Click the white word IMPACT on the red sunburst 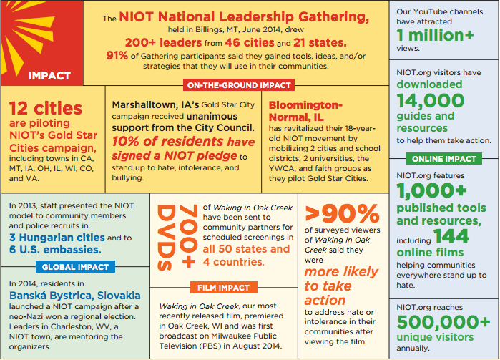49,75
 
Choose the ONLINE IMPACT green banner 443,158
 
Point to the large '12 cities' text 46,108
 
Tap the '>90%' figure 342,213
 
